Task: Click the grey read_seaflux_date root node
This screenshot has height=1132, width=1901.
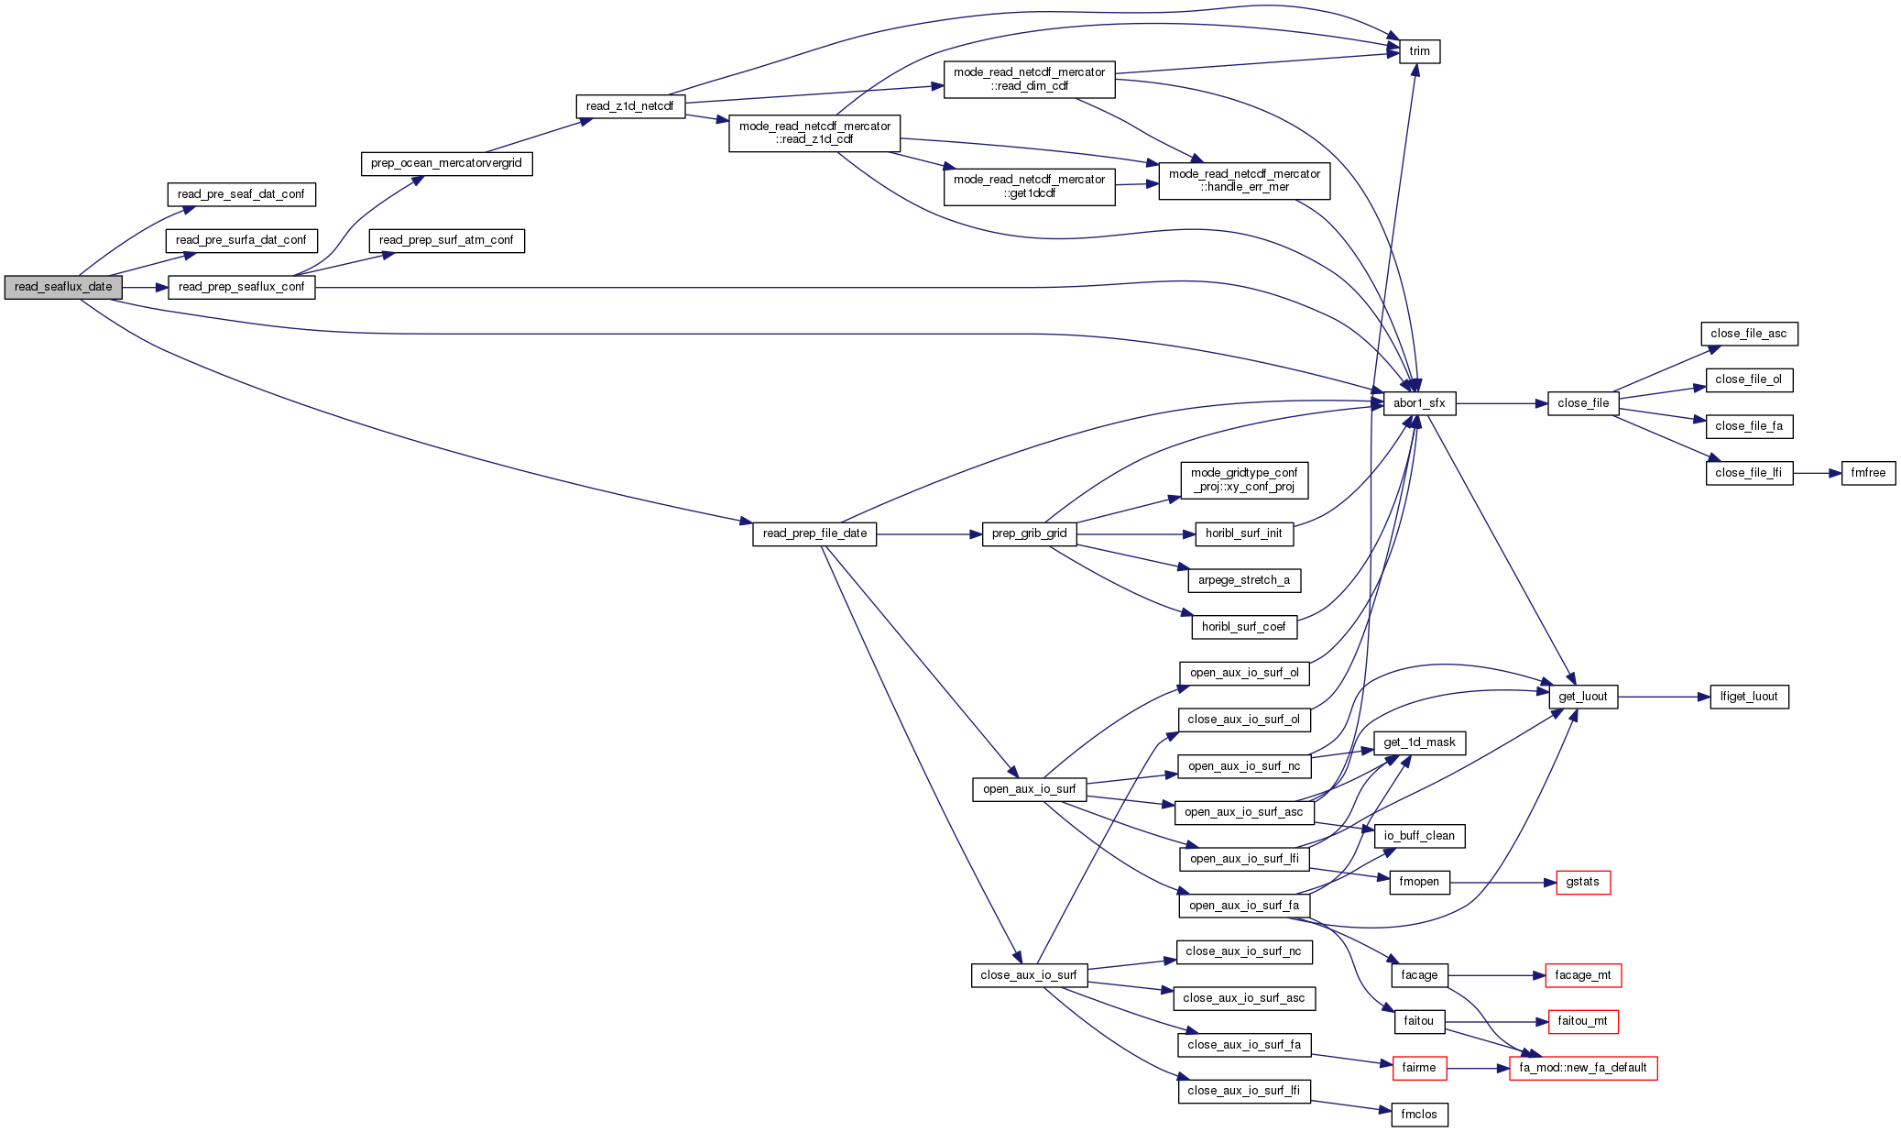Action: (x=63, y=287)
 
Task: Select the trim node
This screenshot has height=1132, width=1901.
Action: (x=1419, y=51)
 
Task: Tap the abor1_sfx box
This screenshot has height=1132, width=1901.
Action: (x=1419, y=403)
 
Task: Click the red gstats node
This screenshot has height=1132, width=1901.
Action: (x=1582, y=882)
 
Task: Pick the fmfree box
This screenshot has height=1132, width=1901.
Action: (x=1868, y=473)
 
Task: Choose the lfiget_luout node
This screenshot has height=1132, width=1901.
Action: (x=1748, y=697)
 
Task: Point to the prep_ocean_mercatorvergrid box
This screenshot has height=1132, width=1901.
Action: (x=446, y=163)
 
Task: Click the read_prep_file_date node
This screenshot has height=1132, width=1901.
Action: (x=814, y=533)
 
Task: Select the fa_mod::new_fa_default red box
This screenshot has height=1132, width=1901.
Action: (x=1582, y=1068)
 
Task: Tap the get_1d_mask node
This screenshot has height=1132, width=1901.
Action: (x=1419, y=742)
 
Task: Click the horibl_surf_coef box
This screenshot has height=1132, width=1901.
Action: (x=1243, y=627)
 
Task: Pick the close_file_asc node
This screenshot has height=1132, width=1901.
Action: (x=1748, y=334)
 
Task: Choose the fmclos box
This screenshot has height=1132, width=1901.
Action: (x=1419, y=1115)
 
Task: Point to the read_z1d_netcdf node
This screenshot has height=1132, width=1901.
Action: (x=629, y=106)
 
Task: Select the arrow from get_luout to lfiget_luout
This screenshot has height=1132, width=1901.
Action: (x=1663, y=697)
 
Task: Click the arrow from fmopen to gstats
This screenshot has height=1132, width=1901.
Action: (x=1502, y=883)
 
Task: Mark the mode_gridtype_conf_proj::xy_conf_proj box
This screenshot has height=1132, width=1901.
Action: (x=1243, y=480)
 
